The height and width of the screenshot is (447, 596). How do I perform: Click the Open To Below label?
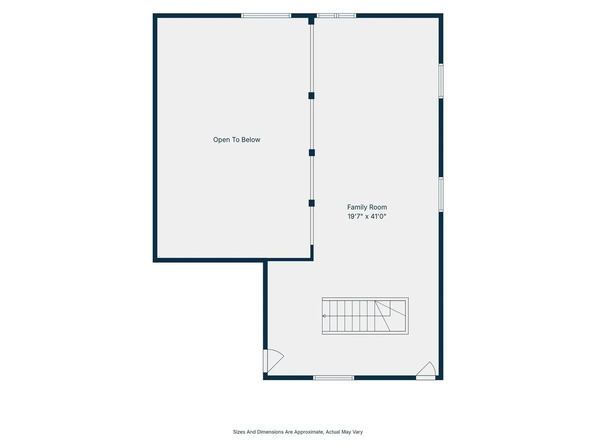[x=236, y=140]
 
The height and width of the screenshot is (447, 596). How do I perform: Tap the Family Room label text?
[x=367, y=207]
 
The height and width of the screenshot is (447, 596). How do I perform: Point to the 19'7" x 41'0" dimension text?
[x=367, y=216]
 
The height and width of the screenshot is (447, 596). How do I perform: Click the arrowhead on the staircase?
[x=324, y=316]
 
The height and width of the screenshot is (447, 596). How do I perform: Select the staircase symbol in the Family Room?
[x=365, y=316]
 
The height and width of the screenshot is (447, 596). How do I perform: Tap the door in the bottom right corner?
[x=426, y=370]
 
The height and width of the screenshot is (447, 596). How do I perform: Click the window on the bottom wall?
[x=334, y=378]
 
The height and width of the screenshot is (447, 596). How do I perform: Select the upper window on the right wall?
[x=441, y=81]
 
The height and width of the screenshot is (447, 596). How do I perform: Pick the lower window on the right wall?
[x=441, y=195]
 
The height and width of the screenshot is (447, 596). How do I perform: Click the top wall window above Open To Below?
[x=266, y=15]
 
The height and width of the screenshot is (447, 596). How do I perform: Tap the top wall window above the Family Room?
[x=336, y=15]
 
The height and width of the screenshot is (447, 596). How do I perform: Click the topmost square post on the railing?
[x=311, y=21]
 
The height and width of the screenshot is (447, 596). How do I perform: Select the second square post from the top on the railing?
[x=311, y=96]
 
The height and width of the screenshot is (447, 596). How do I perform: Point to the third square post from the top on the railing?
[x=312, y=153]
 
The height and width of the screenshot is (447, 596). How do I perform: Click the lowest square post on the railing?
[x=312, y=203]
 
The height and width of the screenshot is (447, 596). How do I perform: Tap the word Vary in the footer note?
[x=357, y=432]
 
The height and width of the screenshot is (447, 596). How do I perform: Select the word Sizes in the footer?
[x=239, y=432]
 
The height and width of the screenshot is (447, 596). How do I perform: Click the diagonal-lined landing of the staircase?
[x=390, y=316]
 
